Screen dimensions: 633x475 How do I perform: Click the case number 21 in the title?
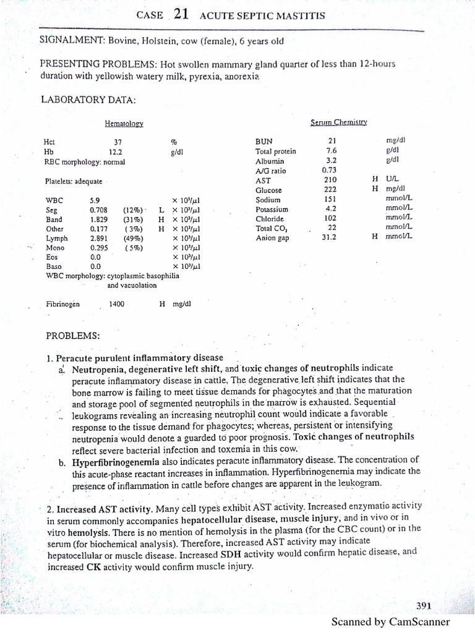(181, 15)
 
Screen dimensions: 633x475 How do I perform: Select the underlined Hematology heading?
(124, 124)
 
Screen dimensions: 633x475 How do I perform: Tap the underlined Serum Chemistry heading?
(339, 122)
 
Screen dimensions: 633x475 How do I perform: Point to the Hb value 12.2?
(115, 151)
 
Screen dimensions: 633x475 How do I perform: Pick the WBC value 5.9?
(95, 200)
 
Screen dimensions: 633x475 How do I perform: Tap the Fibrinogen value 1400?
(116, 304)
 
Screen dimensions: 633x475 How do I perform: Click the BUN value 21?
(332, 140)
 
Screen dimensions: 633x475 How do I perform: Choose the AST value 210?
(330, 180)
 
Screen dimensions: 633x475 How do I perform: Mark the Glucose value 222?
(330, 190)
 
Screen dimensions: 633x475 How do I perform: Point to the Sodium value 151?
(330, 199)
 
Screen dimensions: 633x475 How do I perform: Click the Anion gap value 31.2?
(330, 237)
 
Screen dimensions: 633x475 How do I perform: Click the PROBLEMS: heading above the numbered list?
(73, 336)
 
